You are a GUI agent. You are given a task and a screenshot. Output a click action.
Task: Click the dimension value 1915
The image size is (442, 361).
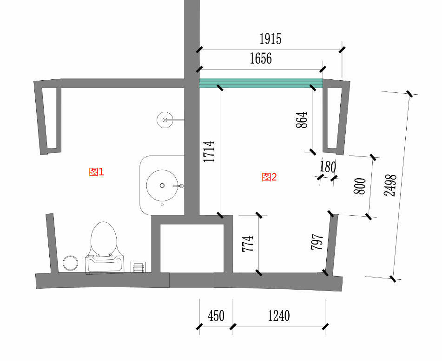270,39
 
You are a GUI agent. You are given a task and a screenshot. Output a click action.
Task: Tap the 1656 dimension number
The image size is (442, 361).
261,58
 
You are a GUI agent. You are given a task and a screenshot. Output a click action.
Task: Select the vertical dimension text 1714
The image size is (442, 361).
209,152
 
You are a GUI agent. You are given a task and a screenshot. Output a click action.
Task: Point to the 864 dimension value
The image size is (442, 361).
302,120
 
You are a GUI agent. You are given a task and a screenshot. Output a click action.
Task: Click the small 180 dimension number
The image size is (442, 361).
328,167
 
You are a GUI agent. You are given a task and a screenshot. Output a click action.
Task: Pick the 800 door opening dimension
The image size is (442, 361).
360,186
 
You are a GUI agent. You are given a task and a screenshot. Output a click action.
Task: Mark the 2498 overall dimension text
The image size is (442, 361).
390,185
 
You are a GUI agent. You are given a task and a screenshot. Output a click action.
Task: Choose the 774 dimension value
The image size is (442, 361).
248,244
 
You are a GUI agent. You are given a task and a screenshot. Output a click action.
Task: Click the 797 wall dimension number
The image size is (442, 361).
317,241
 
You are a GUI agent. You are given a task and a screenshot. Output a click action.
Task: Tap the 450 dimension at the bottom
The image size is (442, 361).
216,316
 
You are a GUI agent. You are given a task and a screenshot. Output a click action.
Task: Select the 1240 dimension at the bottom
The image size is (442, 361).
279,316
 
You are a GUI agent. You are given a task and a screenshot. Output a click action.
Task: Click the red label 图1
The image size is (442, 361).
96,172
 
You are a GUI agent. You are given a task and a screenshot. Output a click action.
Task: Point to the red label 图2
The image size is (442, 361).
269,177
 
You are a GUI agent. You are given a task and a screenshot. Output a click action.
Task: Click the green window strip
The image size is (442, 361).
261,83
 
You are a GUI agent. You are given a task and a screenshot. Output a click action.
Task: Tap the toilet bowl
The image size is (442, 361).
104,248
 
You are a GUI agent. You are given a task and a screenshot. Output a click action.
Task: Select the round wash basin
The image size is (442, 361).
162,186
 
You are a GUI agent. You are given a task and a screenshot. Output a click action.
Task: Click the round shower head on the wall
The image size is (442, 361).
165,120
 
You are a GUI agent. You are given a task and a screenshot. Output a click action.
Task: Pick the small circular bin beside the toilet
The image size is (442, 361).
70,263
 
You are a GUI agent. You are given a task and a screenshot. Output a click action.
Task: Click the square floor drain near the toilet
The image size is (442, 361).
138,267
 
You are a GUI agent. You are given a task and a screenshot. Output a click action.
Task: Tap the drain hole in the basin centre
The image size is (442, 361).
162,186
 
